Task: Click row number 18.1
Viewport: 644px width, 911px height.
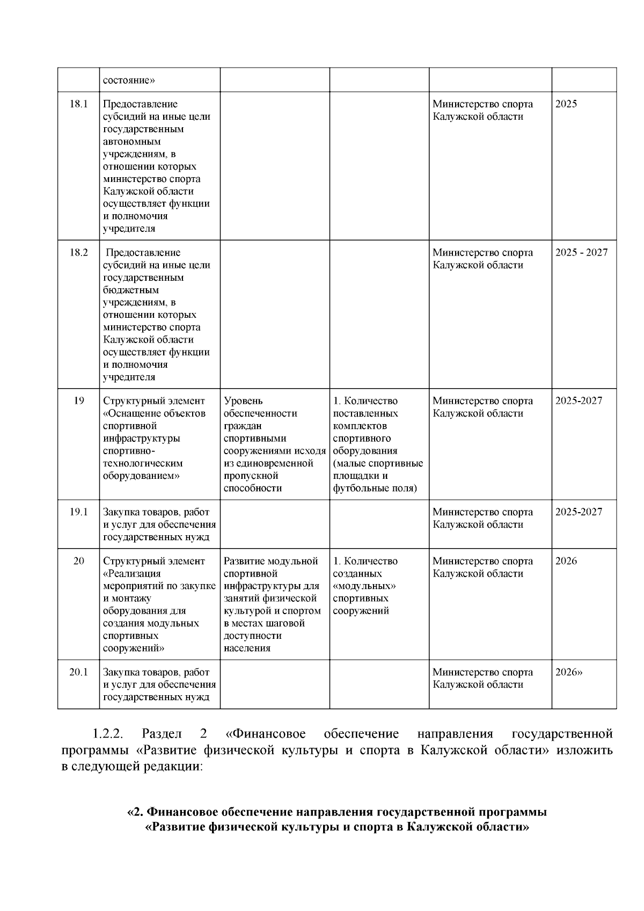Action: (78, 104)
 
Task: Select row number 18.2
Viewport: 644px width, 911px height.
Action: (78, 253)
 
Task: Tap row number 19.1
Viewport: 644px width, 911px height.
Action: (78, 512)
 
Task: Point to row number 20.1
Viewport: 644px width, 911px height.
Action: (78, 672)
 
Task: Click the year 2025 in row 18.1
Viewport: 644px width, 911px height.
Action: (566, 104)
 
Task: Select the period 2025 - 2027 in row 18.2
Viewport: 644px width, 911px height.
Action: (581, 253)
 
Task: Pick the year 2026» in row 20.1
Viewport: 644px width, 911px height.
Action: (569, 672)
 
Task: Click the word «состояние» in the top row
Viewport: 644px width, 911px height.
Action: (129, 81)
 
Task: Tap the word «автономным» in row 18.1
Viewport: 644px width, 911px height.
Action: (132, 142)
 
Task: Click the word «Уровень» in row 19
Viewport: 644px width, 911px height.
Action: (243, 401)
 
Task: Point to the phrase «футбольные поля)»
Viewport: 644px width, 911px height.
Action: (375, 488)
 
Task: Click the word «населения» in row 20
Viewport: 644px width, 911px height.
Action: (247, 648)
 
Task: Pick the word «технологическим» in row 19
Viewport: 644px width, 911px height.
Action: (143, 463)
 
